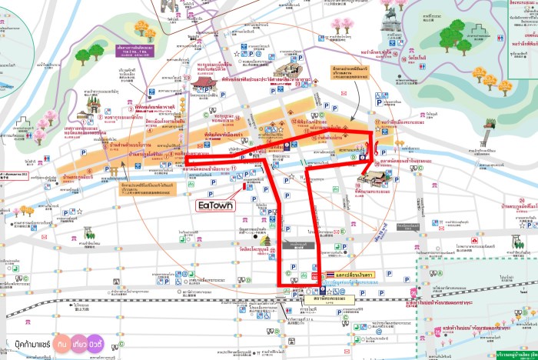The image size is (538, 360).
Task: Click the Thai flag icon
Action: (329, 274)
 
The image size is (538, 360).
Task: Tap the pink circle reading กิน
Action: (65, 341)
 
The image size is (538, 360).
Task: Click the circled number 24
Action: (522, 202)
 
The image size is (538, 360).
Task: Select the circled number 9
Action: (354, 157)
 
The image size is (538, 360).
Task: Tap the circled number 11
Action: (234, 168)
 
